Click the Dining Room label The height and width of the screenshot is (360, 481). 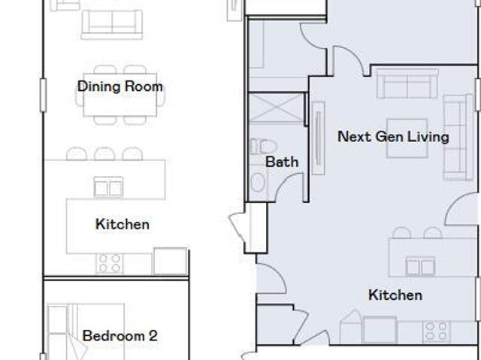pyautogui.click(x=120, y=86)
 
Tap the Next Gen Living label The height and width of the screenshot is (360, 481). pyautogui.click(x=393, y=137)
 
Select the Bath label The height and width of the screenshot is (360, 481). pyautogui.click(x=282, y=162)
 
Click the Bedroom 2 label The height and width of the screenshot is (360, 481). pyautogui.click(x=120, y=336)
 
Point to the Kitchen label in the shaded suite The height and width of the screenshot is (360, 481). pyautogui.click(x=395, y=295)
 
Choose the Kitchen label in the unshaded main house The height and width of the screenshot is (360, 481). pyautogui.click(x=123, y=224)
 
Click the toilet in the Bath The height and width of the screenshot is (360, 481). pyautogui.click(x=264, y=147)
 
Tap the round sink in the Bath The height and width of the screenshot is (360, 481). pyautogui.click(x=258, y=182)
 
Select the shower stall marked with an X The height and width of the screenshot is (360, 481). pyautogui.click(x=276, y=108)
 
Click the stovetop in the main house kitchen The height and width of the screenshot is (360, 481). pyautogui.click(x=110, y=263)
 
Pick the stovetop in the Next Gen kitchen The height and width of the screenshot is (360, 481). pyautogui.click(x=436, y=331)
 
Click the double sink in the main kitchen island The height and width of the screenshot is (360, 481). pyautogui.click(x=108, y=186)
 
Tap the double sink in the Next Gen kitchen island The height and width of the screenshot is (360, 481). pyautogui.click(x=420, y=266)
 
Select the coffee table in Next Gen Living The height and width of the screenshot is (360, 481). pyautogui.click(x=407, y=138)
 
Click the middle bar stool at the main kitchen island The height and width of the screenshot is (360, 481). pyautogui.click(x=104, y=153)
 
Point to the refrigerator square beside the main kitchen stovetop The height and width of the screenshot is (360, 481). pyautogui.click(x=171, y=261)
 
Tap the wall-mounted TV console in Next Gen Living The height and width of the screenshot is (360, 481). pyautogui.click(x=319, y=138)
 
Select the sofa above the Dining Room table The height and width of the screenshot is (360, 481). pyautogui.click(x=112, y=25)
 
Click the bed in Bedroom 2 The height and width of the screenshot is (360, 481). pyautogui.click(x=86, y=331)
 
